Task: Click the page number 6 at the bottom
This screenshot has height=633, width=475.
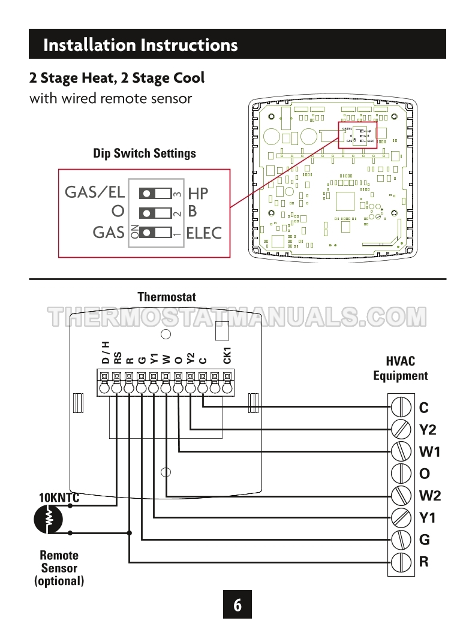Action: coord(237,605)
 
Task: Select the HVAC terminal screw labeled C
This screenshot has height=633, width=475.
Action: coord(400,408)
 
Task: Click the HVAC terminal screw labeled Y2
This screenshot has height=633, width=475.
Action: coord(400,430)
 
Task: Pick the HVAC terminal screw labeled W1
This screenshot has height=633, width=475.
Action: coord(400,452)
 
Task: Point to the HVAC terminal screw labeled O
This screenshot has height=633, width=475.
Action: coord(400,474)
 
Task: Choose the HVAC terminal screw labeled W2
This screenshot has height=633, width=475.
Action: coord(400,496)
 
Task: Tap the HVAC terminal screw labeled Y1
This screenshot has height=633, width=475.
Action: coord(400,518)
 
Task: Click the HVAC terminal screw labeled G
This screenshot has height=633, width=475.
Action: coord(400,540)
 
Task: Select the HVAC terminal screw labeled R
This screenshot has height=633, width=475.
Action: coord(400,562)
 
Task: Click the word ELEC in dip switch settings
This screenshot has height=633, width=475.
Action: coord(204,233)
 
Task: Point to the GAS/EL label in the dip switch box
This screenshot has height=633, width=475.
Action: coord(95,192)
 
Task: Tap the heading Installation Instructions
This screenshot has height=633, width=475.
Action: coord(141,45)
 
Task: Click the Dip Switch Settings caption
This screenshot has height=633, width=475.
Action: coord(145,153)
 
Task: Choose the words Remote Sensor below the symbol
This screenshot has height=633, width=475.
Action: coord(59,562)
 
